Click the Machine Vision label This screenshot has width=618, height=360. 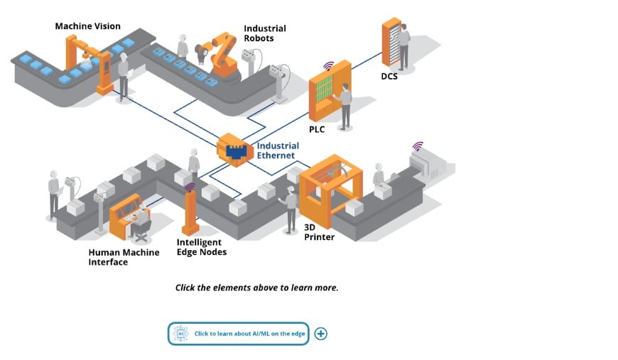tap(88, 26)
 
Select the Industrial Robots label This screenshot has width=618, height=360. tap(264, 33)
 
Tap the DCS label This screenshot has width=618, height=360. tap(389, 76)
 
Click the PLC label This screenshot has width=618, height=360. tap(317, 129)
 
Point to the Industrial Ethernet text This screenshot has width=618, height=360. tap(278, 151)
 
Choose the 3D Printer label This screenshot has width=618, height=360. tap(319, 232)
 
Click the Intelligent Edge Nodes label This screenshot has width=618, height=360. tap(202, 247)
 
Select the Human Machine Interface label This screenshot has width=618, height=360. tap(124, 257)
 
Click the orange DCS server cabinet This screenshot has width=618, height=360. tap(391, 43)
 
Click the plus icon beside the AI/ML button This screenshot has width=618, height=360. tap(320, 334)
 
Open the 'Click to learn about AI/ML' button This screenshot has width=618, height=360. tap(239, 334)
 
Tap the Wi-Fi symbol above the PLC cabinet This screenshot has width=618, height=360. tap(328, 65)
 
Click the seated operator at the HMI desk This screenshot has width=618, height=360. tap(141, 219)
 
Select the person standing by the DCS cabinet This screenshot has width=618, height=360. tap(403, 46)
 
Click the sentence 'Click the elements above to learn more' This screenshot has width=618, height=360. tap(256, 288)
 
